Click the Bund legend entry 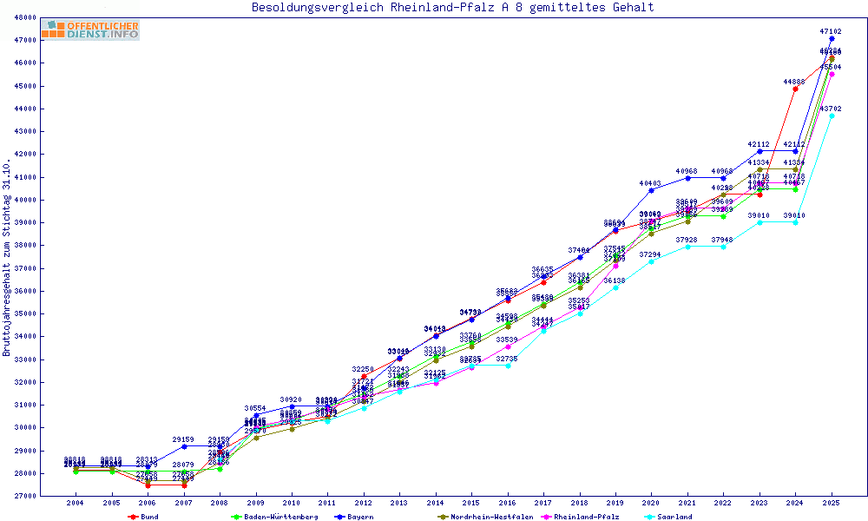pos(144,517)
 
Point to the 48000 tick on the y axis pos(25,17)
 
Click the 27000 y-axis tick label pos(25,496)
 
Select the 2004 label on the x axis pos(76,504)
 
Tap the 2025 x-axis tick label pos(832,504)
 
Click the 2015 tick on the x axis pos(471,504)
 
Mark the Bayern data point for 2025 pos(832,38)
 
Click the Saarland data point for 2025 pos(832,115)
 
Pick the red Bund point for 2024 pos(795,89)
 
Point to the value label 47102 pos(831,31)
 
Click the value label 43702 pos(831,109)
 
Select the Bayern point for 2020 pos(651,190)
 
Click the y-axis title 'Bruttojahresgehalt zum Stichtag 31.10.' pos(8,258)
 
